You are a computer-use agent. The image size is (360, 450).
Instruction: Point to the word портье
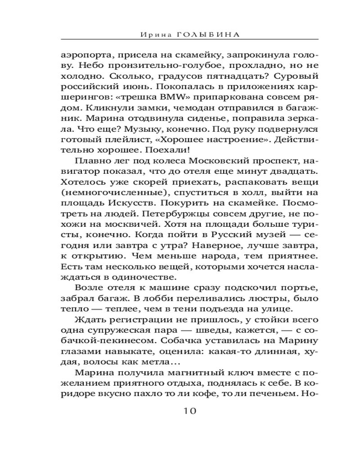(284, 287)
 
